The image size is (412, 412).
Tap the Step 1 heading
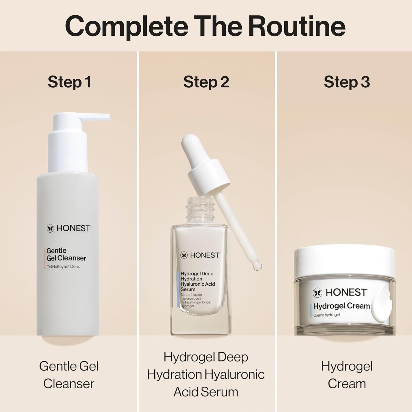point(69,82)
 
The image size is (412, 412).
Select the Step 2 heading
point(206,82)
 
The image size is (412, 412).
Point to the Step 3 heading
point(347,82)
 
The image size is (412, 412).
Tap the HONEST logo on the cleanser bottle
point(69,228)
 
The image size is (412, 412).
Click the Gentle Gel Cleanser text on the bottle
point(66,254)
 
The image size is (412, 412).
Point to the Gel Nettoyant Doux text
point(63,267)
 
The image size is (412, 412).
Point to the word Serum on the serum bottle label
point(188,289)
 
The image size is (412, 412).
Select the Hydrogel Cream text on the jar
point(341,306)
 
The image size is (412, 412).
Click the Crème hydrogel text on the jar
point(327,315)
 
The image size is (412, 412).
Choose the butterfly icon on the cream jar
point(318,293)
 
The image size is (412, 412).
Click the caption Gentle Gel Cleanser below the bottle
point(69,375)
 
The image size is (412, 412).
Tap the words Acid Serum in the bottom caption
point(206,392)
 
